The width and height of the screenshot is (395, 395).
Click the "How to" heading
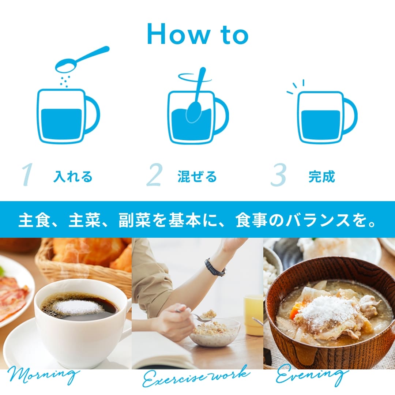198,34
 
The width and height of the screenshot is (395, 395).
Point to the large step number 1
27,174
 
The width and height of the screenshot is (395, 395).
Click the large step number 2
154,174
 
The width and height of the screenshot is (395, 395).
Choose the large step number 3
278,174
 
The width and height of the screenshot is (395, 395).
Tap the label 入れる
73,176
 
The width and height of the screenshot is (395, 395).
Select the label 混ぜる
197,176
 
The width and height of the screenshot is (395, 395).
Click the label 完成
322,176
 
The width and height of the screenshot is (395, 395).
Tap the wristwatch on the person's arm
215,267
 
